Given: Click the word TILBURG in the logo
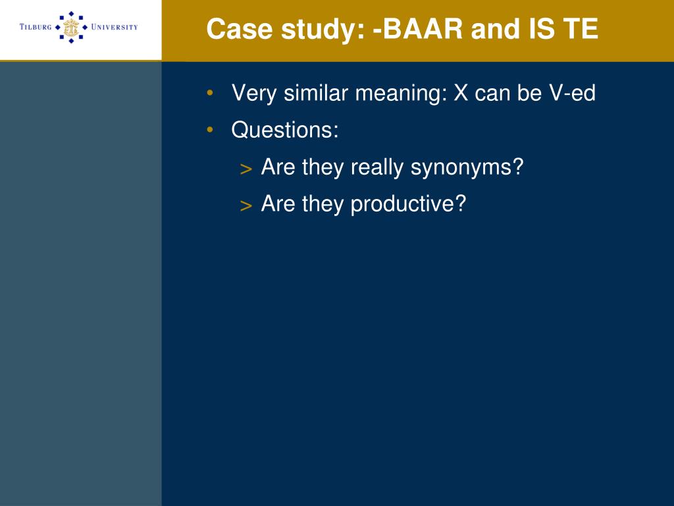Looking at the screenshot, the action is [x=36, y=27].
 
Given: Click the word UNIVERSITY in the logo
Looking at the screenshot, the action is [x=115, y=27].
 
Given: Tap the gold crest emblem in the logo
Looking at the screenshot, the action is [x=71, y=27].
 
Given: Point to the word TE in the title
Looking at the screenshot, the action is [x=581, y=29].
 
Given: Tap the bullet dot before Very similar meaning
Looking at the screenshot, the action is [x=210, y=92].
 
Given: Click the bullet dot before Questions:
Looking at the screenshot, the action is [x=210, y=129].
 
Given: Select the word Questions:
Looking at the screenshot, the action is [x=285, y=129].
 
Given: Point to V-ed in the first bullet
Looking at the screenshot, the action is [x=572, y=92].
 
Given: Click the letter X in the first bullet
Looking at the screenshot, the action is [x=461, y=92].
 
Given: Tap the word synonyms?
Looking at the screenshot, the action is [x=467, y=167].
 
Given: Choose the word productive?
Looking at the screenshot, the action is [x=408, y=204].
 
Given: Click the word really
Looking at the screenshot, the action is [x=377, y=167].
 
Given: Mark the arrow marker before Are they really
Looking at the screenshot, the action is [x=246, y=169].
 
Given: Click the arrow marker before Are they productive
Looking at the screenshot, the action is [x=246, y=206].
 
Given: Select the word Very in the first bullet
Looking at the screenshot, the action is [x=253, y=94].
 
